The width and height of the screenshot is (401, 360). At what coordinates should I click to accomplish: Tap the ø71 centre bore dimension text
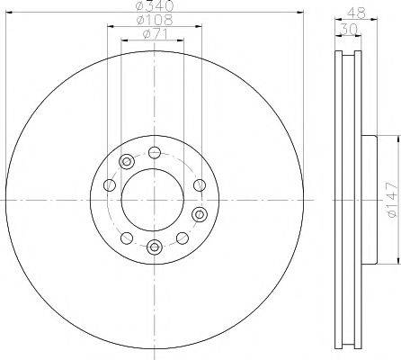(x=154, y=35)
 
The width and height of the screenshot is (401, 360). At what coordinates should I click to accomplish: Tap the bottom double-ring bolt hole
(x=154, y=247)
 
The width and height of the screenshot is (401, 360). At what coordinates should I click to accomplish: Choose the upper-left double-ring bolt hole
(x=127, y=162)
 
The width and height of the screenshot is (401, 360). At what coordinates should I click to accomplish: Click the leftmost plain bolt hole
(x=109, y=185)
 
